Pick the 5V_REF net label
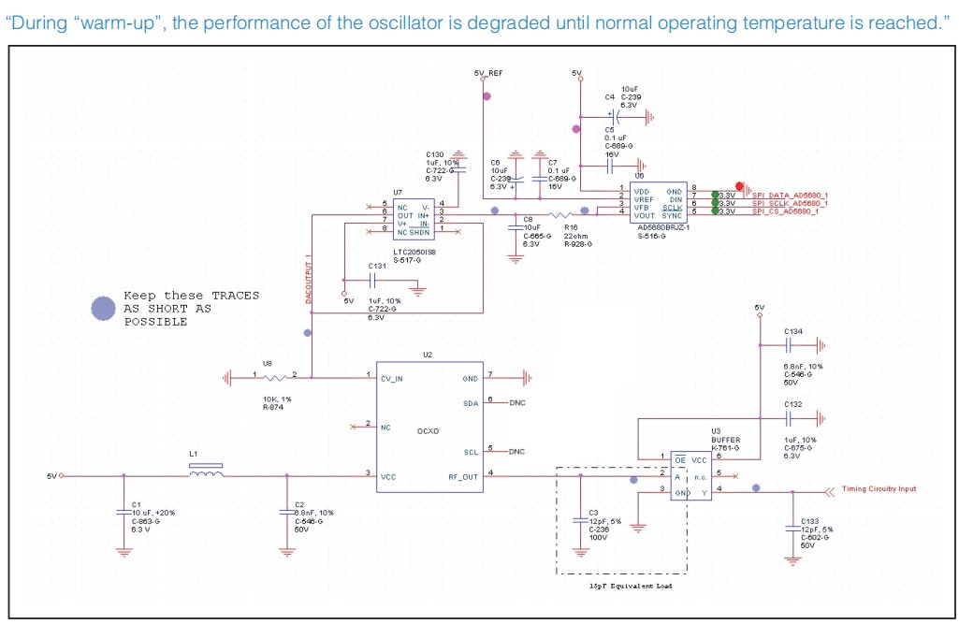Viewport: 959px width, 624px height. tap(488, 73)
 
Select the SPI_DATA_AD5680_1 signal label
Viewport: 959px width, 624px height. tap(791, 195)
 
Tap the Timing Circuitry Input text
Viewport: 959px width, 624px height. tap(879, 488)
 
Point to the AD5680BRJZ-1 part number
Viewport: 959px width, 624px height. tap(662, 228)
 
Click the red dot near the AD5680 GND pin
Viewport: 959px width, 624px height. tap(739, 187)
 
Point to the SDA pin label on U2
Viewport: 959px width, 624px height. tap(471, 402)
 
